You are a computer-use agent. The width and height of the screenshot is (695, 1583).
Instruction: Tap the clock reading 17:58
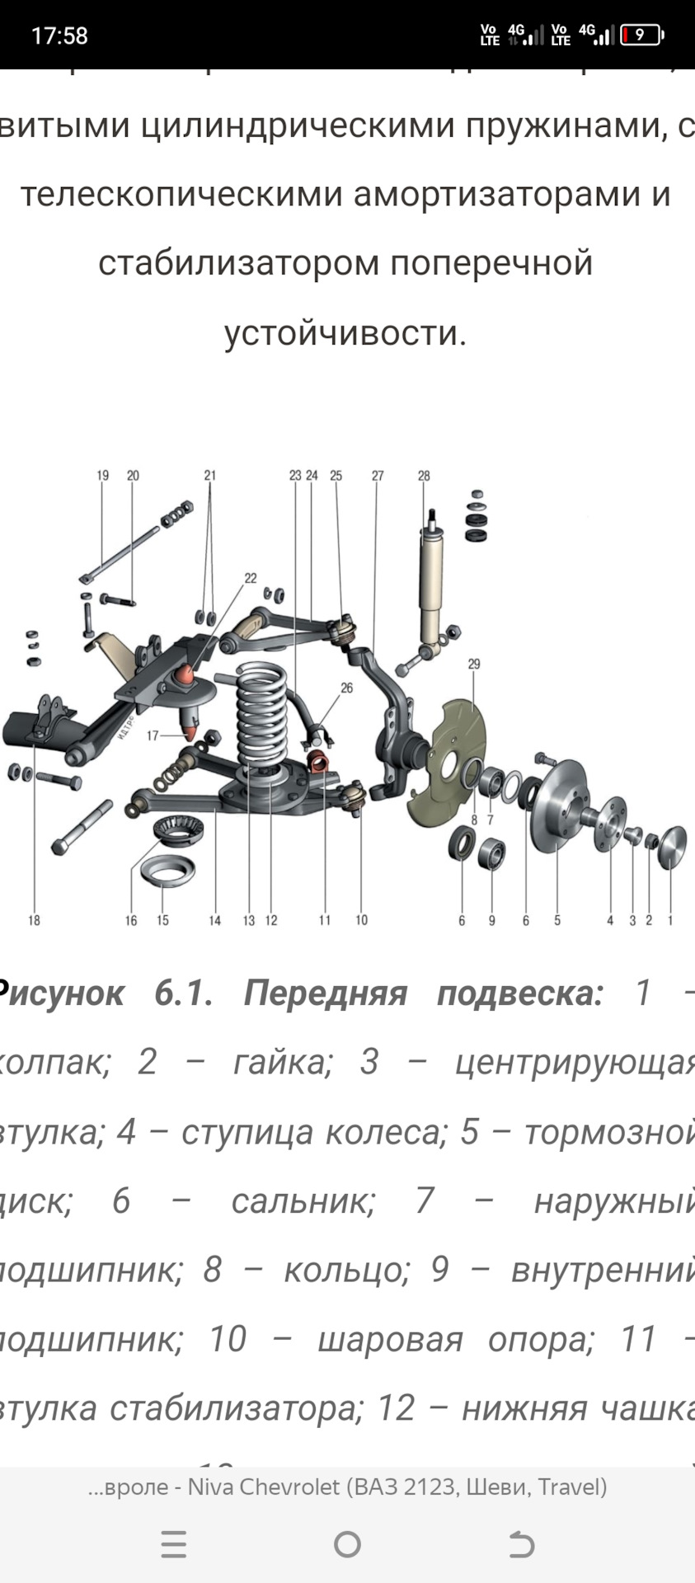59,35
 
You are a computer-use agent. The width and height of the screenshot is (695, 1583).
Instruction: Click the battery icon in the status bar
641,35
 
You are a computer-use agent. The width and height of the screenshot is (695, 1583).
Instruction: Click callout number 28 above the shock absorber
424,476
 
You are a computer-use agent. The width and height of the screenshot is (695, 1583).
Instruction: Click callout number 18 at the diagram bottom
34,920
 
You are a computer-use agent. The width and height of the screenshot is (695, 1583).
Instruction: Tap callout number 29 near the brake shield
473,665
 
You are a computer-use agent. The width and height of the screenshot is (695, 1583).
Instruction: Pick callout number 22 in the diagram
251,578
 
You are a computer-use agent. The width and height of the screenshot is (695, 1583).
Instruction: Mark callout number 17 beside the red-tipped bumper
153,735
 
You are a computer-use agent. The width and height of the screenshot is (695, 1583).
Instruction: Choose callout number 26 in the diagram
346,688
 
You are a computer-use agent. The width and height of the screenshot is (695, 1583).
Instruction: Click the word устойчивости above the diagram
345,333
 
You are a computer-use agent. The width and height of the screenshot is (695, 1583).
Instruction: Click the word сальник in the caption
303,1200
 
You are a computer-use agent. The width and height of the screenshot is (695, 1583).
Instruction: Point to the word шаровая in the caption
390,1339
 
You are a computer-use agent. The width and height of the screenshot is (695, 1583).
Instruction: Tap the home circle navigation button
347,1544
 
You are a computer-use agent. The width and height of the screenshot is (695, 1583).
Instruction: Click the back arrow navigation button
521,1544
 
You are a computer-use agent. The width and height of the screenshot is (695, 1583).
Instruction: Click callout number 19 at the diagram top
102,476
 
